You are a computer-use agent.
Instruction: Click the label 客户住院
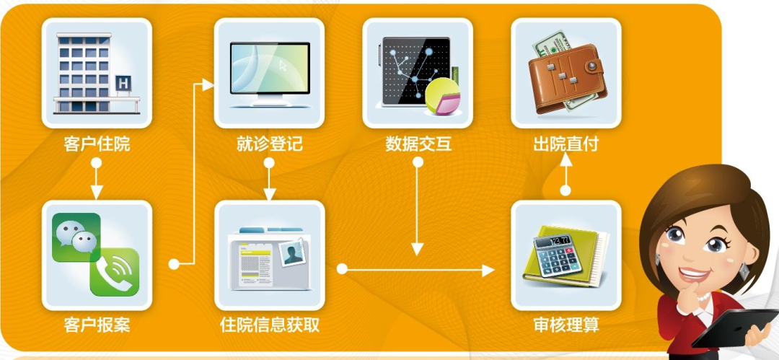(x=97, y=144)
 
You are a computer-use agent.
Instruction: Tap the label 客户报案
(x=97, y=325)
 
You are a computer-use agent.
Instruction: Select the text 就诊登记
(x=269, y=144)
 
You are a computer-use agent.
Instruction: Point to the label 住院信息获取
(x=269, y=325)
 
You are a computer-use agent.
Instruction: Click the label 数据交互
(x=418, y=144)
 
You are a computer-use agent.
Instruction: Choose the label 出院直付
(x=566, y=144)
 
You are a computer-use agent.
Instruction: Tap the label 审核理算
(x=566, y=325)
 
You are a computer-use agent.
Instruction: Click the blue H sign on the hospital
(x=123, y=83)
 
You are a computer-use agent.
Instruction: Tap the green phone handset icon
(x=114, y=271)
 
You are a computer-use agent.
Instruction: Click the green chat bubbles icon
(x=76, y=237)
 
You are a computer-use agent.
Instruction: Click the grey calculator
(x=558, y=255)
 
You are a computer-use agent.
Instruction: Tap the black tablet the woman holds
(x=735, y=328)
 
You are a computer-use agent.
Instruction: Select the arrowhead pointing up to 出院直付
(x=566, y=159)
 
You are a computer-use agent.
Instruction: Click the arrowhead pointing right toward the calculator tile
(x=488, y=270)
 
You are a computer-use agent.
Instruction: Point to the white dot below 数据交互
(x=418, y=162)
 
